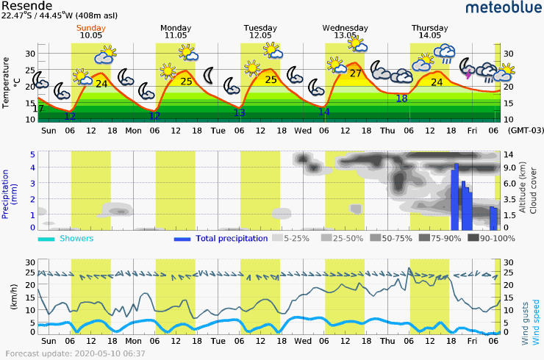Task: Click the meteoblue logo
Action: tap(504, 9)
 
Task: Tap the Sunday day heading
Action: tap(91, 26)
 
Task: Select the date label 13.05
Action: tap(345, 35)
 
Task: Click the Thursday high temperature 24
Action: tap(437, 82)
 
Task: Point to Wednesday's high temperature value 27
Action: tap(355, 73)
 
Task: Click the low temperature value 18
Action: tap(401, 98)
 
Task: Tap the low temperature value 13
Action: tap(239, 112)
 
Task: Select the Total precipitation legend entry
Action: tap(221, 239)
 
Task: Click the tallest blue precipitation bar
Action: tap(456, 197)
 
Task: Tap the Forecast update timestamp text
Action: tap(74, 354)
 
